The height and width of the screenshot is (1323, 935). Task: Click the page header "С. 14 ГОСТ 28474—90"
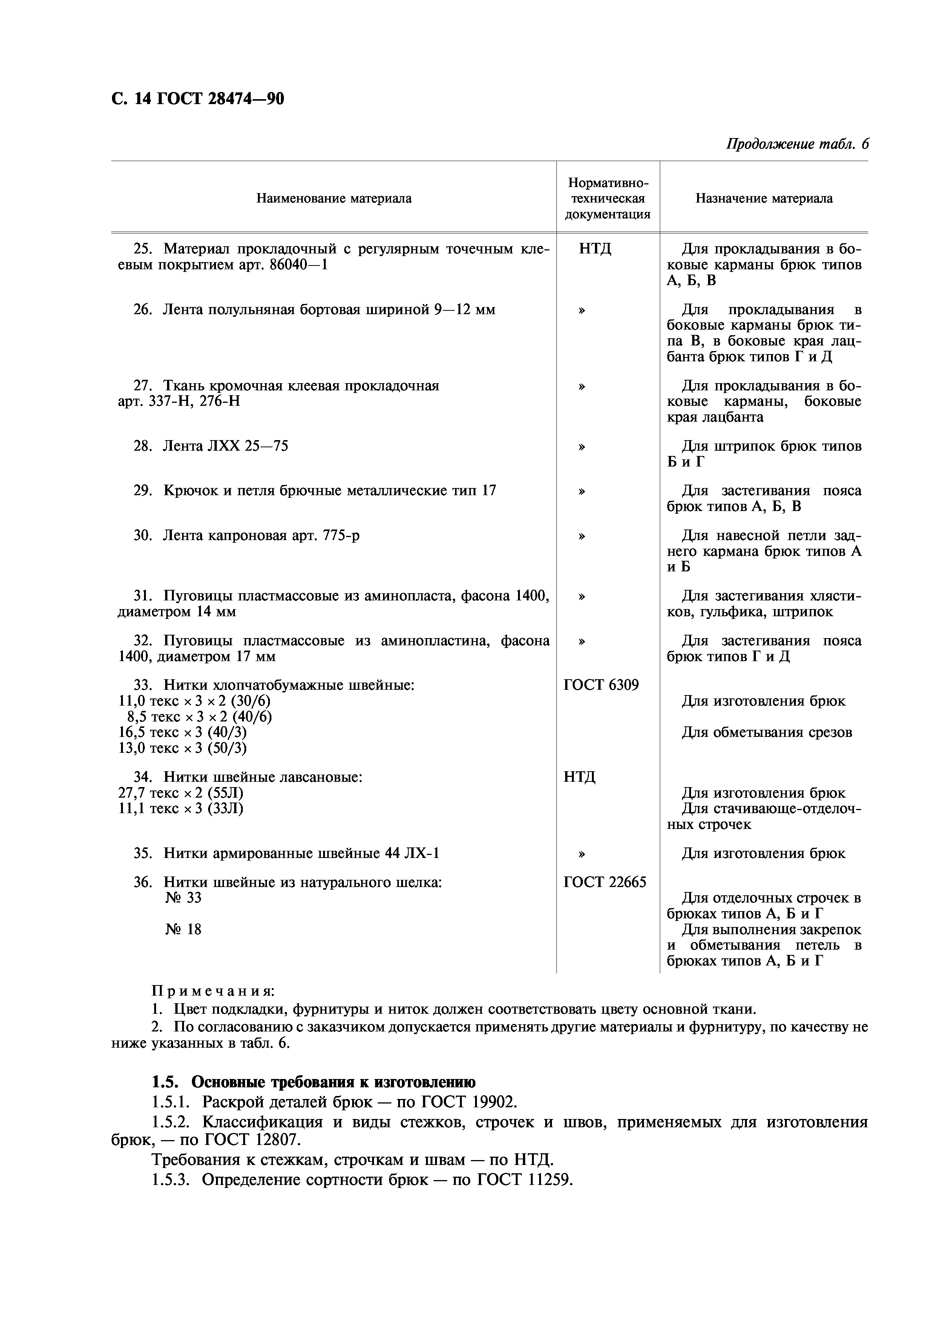[197, 99]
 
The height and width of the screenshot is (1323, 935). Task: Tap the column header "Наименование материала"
[334, 199]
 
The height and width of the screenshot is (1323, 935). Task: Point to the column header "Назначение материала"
[763, 199]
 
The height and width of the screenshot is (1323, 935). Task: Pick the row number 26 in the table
[142, 310]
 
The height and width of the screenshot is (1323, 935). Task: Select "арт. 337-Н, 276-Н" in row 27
[179, 401]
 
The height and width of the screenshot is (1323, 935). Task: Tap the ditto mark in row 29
[582, 491]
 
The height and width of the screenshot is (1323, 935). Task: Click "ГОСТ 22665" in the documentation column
[604, 882]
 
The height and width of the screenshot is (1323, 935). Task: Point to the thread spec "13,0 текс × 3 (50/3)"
[182, 748]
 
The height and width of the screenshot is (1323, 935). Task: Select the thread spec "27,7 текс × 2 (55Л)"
[180, 793]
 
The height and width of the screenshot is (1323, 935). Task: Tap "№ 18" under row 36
[183, 929]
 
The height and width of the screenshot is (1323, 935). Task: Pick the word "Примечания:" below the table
[213, 991]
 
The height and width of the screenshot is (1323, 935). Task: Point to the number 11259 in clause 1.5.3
[550, 1180]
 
